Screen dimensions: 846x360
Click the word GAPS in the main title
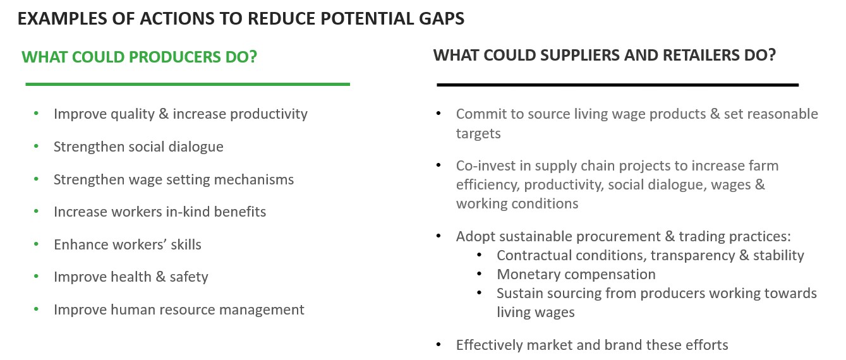coord(441,18)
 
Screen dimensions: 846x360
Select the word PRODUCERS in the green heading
coord(175,57)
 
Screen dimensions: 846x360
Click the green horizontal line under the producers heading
coord(188,84)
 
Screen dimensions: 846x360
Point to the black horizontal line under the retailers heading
coord(617,85)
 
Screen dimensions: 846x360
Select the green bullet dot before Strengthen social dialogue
coord(36,146)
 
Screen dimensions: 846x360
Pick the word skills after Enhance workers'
coord(186,244)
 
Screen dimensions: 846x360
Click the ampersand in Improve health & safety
coord(160,277)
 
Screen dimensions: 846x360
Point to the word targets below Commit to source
coord(478,134)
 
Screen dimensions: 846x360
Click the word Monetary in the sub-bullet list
coord(528,274)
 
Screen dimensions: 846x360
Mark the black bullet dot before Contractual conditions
coord(480,255)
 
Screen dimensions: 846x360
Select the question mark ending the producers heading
coord(253,57)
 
